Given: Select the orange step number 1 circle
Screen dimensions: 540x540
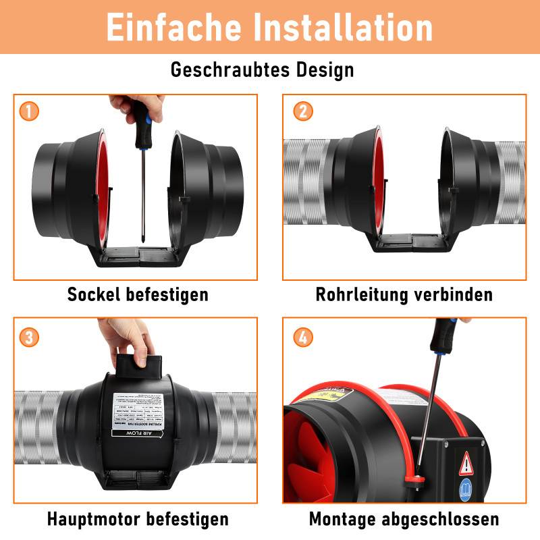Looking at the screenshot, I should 29,110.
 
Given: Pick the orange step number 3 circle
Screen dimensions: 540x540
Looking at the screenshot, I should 29,336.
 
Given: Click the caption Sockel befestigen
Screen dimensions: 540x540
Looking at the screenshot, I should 138,295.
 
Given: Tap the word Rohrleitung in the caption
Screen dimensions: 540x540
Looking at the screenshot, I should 358,295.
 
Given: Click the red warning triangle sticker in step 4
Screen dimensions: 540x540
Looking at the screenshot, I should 466,465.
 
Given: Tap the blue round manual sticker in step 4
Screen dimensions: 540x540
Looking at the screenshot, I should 466,490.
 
